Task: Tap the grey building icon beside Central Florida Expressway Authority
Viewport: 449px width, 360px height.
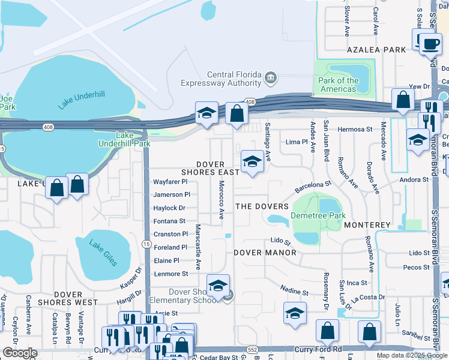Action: pos(271,77)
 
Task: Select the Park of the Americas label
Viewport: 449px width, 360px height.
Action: pos(339,85)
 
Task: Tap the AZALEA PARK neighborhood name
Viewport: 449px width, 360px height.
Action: pos(376,50)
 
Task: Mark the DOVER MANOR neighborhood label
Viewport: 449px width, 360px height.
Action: pos(265,253)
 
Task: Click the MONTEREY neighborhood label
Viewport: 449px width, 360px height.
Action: pos(367,225)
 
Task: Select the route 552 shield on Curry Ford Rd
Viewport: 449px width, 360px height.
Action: pos(252,349)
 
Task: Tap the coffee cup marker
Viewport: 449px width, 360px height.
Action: pos(430,44)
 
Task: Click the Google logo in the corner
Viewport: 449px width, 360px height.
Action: pos(20,353)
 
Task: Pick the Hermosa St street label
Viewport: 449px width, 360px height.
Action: pos(355,129)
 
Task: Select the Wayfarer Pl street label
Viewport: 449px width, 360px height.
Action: pos(170,181)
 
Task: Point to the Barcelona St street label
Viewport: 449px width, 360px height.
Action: pos(313,187)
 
